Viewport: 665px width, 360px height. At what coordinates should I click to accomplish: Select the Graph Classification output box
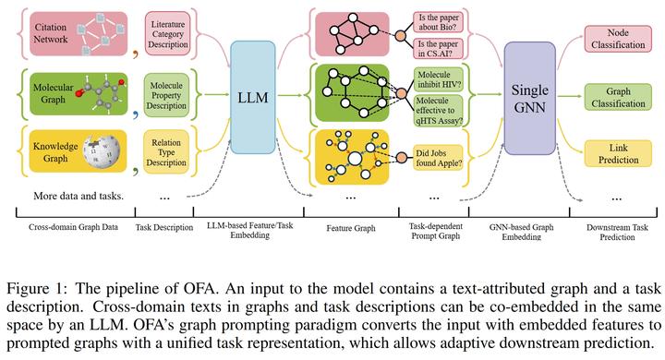[x=617, y=98]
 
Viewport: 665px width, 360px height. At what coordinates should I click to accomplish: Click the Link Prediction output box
[x=617, y=155]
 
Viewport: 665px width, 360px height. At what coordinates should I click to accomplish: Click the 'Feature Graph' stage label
[x=352, y=225]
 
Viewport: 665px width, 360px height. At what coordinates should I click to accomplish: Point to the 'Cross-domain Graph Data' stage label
[x=66, y=225]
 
